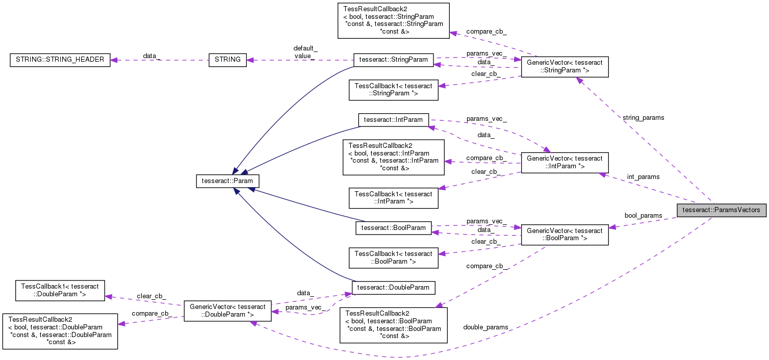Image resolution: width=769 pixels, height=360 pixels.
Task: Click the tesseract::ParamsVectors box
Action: pyautogui.click(x=721, y=210)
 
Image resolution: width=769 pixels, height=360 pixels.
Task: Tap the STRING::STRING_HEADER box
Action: pyautogui.click(x=60, y=60)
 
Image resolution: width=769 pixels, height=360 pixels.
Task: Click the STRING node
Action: pyautogui.click(x=227, y=60)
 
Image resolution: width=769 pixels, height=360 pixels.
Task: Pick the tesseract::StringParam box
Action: pyautogui.click(x=393, y=60)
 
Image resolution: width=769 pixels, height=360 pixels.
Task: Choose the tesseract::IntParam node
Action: pyautogui.click(x=393, y=120)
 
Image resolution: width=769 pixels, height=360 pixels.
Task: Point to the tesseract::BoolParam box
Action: pyautogui.click(x=393, y=227)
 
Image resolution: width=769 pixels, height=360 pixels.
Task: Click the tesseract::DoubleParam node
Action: pyautogui.click(x=393, y=288)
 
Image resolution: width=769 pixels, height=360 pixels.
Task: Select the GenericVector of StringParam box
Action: pyautogui.click(x=564, y=66)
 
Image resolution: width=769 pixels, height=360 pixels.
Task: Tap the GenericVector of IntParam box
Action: pyautogui.click(x=564, y=162)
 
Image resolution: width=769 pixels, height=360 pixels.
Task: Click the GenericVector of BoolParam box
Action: pyautogui.click(x=564, y=235)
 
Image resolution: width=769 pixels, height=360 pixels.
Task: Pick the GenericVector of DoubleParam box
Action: pyautogui.click(x=227, y=311)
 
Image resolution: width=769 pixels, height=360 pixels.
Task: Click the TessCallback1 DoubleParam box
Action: pyautogui.click(x=60, y=290)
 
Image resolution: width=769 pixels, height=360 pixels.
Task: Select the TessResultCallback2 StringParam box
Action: pyautogui.click(x=393, y=20)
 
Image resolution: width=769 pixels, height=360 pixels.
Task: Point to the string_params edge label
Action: pyautogui.click(x=643, y=118)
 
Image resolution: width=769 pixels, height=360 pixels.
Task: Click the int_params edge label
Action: pyautogui.click(x=643, y=177)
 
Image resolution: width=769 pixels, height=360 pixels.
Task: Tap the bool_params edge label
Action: pyautogui.click(x=643, y=216)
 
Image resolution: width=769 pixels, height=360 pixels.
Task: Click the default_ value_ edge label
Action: pyautogui.click(x=305, y=52)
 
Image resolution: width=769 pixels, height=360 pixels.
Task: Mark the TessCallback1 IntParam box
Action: pyautogui.click(x=393, y=197)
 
